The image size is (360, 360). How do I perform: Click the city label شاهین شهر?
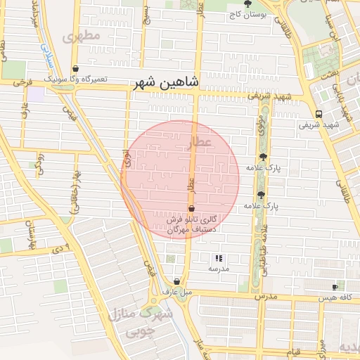165,83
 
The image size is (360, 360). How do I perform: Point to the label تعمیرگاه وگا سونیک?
76,79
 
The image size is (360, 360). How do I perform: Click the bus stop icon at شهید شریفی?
319,113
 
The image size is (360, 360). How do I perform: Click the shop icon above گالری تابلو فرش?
191,208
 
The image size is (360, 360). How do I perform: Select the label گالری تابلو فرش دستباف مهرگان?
191,224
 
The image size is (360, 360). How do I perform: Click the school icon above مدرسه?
218,258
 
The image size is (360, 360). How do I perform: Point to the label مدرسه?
218,269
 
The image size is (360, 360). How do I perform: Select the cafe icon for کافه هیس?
335,287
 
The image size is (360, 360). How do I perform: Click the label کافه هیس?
335,298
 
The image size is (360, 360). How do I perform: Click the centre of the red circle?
180,180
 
